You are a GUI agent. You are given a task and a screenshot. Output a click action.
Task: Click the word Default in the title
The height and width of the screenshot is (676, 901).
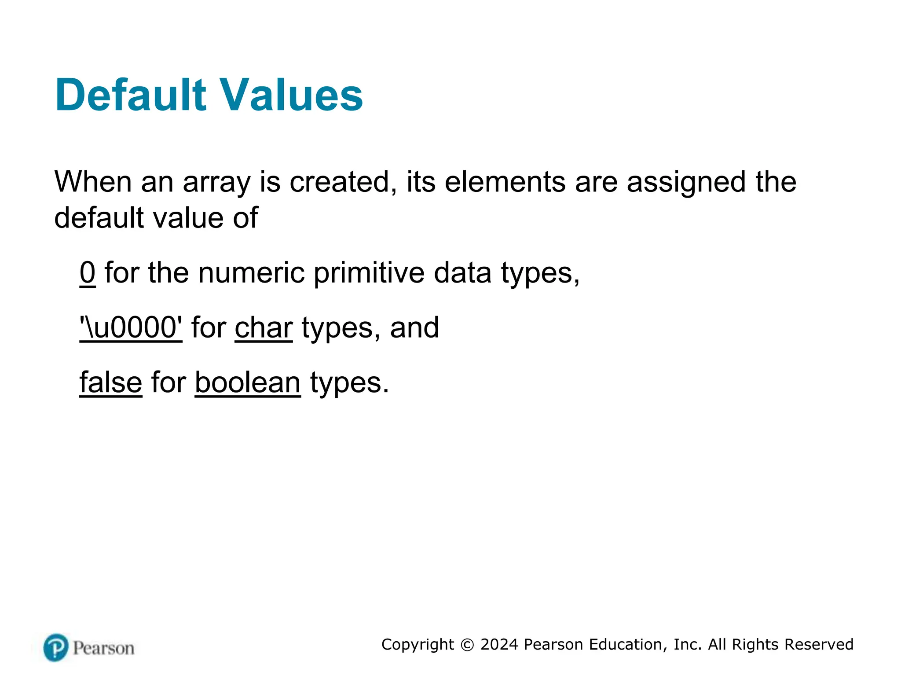tap(130, 95)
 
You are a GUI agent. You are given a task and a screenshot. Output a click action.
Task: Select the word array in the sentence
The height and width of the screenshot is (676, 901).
tap(216, 183)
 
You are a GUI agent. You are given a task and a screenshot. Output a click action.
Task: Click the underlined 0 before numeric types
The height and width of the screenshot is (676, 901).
tap(88, 272)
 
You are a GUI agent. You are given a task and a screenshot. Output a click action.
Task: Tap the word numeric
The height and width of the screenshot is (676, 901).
tap(251, 272)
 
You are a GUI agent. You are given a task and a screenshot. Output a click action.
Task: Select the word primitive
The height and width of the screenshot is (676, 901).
tap(369, 273)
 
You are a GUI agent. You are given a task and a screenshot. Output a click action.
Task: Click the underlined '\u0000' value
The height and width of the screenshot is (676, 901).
tap(131, 328)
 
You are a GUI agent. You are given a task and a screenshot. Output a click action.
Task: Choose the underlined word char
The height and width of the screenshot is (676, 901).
tap(264, 328)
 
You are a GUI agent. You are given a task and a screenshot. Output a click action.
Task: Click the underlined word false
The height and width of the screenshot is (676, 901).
tap(111, 382)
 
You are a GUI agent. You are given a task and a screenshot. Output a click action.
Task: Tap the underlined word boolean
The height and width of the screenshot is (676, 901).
tap(248, 382)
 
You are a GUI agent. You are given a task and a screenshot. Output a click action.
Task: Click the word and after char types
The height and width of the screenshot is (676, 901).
tap(414, 328)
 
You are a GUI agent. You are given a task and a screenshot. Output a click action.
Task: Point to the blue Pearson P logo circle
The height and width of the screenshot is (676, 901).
tap(56, 647)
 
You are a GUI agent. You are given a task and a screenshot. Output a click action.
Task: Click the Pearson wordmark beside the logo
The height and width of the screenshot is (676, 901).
tap(104, 648)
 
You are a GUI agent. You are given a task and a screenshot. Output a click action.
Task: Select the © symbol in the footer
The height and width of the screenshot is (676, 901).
tap(467, 645)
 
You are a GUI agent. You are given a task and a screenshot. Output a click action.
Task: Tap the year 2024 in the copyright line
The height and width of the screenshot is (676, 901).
tap(499, 644)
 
